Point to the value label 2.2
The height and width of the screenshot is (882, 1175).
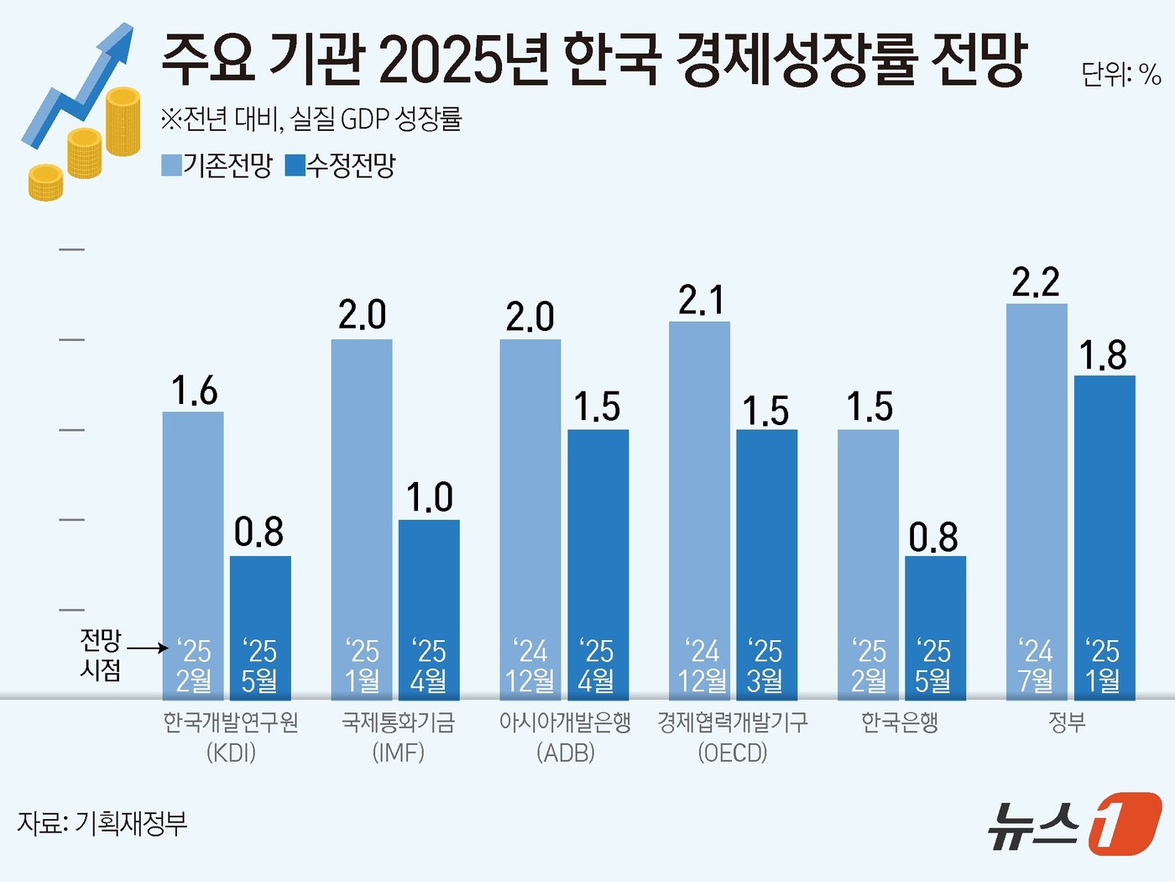coord(1036,283)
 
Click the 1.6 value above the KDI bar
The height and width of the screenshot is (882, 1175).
coord(194,391)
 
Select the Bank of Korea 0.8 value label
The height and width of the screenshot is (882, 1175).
coord(933,538)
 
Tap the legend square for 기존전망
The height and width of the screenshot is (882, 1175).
coord(171,165)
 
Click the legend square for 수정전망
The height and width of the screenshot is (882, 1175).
coord(295,165)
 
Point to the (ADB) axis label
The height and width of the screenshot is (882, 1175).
coord(566,753)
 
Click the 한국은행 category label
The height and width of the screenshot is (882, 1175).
coord(900,722)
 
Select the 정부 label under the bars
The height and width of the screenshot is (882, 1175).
coord(1068,722)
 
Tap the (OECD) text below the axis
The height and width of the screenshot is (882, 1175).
coord(733,753)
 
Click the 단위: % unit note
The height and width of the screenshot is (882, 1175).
coord(1120,76)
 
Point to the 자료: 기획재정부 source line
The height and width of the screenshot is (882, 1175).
coord(102,823)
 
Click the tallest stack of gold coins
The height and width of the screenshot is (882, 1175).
coord(123,122)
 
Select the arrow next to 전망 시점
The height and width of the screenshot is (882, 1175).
coord(149,648)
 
